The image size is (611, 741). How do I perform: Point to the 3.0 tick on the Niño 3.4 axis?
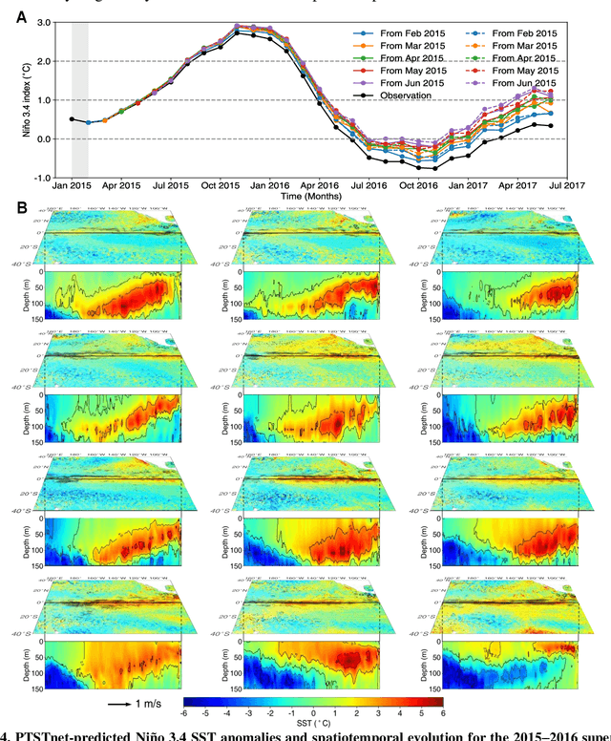pos(50,23)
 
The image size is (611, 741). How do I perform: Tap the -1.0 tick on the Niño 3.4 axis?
pos(48,178)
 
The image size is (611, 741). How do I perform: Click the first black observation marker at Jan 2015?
pos(72,119)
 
